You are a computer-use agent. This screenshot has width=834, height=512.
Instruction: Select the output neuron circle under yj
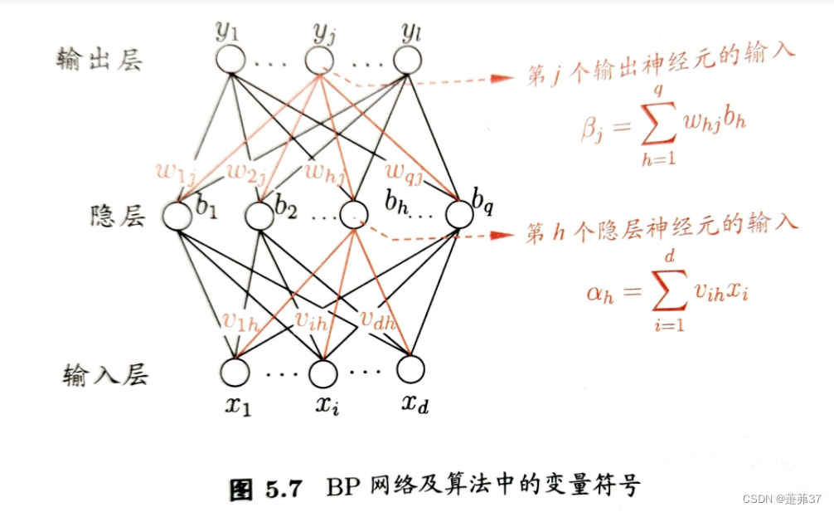(319, 60)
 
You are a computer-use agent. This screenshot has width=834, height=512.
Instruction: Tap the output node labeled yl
(407, 60)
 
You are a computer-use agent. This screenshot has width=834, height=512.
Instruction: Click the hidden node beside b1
(177, 217)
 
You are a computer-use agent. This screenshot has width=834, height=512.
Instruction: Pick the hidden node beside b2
(259, 217)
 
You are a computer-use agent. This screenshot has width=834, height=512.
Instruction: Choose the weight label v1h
(241, 320)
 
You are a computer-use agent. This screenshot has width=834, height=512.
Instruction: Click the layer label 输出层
(96, 60)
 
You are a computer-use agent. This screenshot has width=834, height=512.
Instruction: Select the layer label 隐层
(117, 217)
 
